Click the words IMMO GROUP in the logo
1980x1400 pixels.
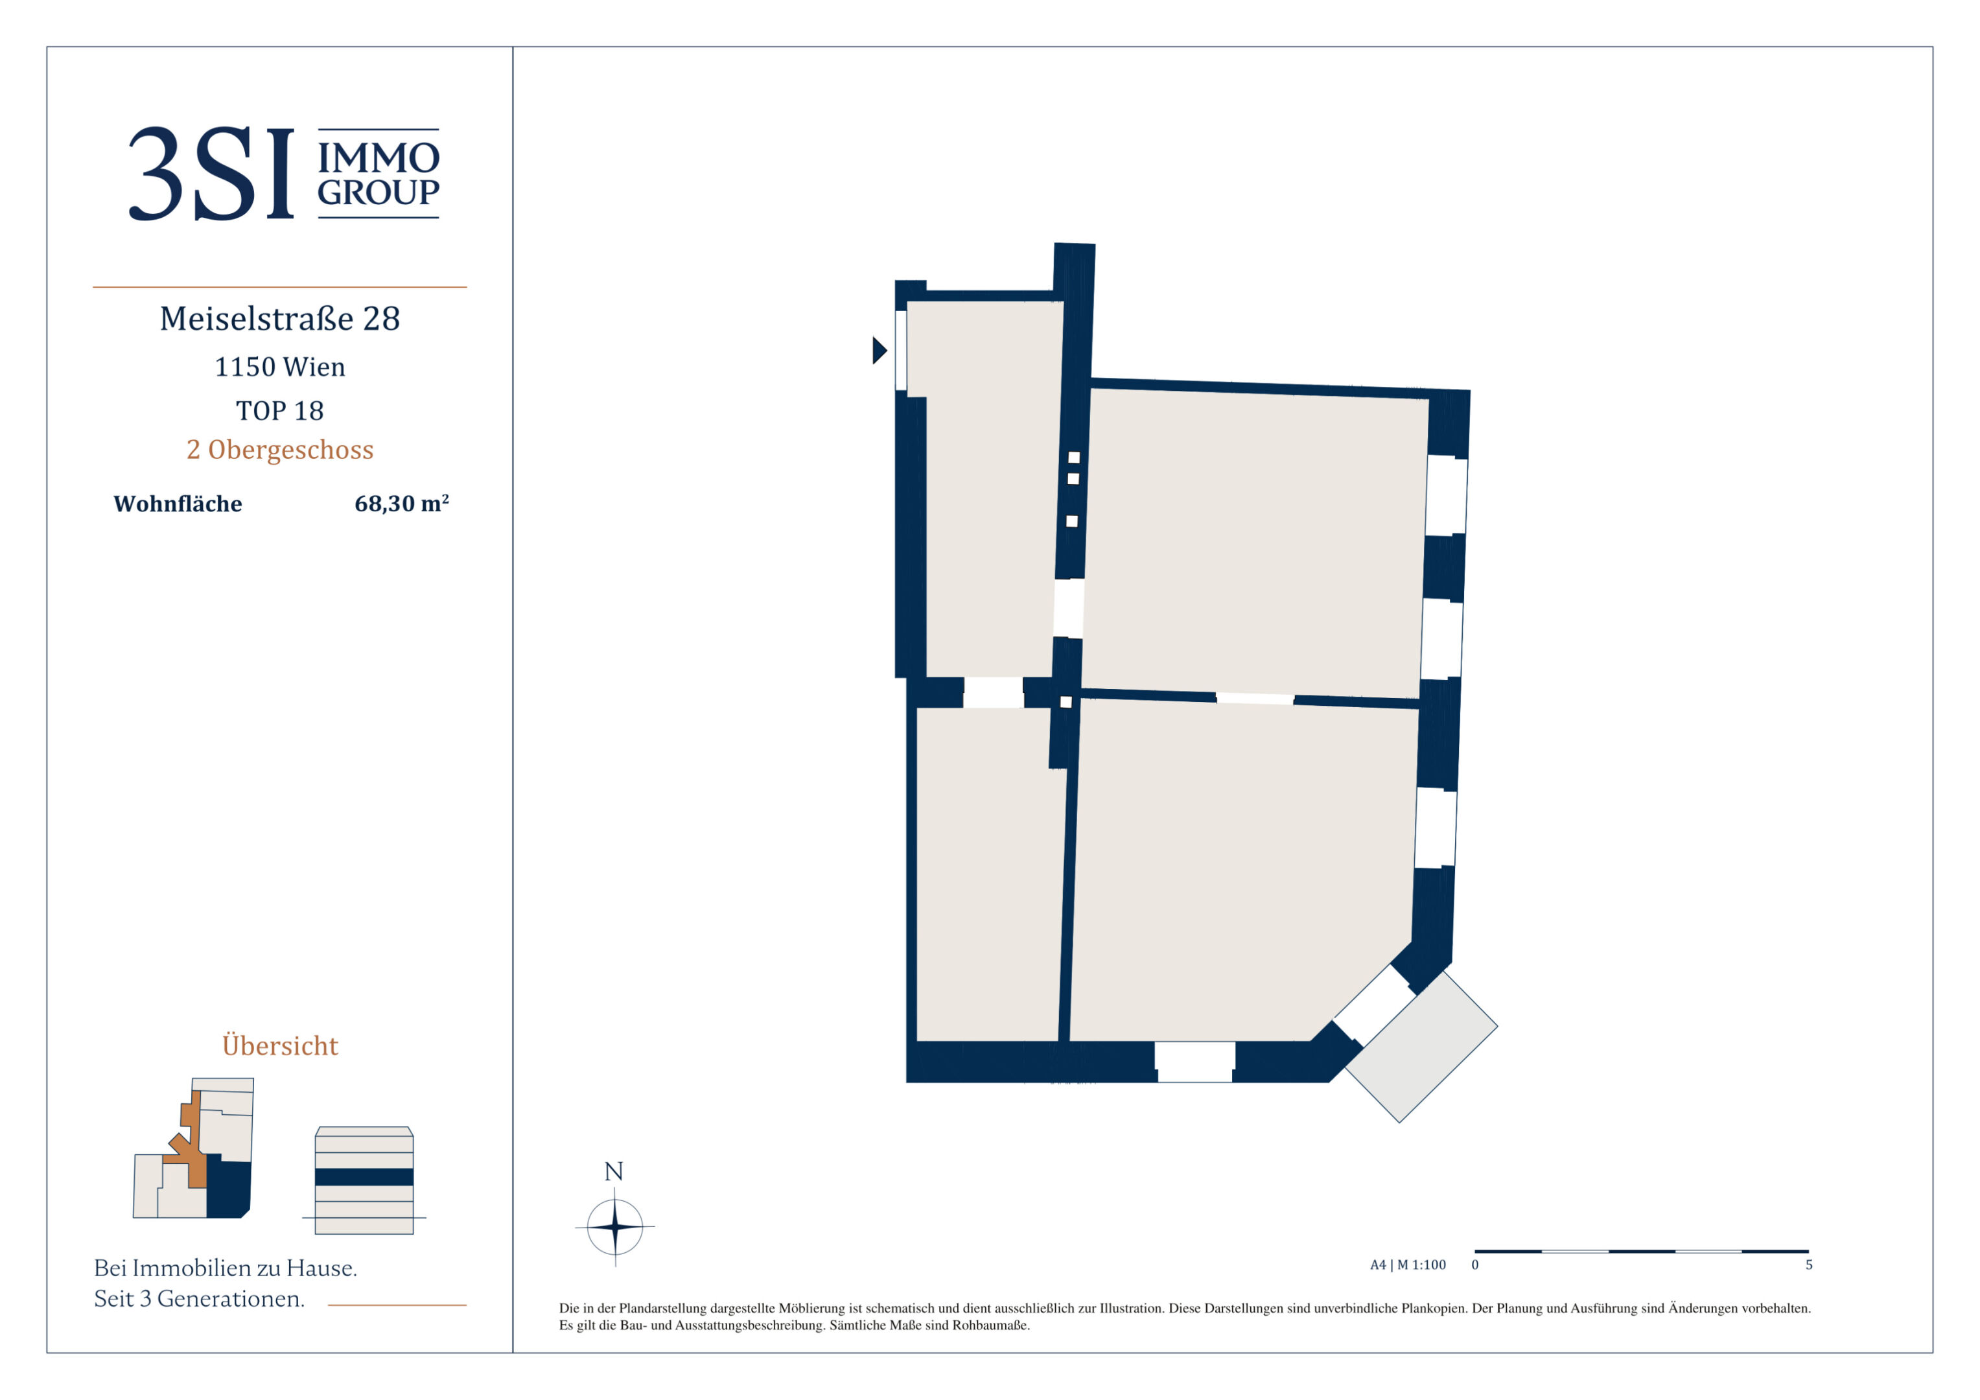(379, 174)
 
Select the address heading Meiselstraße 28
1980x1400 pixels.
(280, 319)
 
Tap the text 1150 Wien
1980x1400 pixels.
(280, 367)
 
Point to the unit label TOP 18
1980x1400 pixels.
(280, 410)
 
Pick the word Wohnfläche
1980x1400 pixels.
(178, 504)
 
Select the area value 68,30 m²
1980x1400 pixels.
(402, 503)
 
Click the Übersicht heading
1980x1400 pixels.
(280, 1045)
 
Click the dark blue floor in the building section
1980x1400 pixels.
(364, 1176)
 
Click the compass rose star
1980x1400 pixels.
(615, 1226)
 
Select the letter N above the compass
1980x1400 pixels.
(614, 1171)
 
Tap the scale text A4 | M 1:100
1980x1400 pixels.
(1408, 1265)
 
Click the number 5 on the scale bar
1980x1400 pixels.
(1810, 1265)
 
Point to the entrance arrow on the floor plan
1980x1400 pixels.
(879, 350)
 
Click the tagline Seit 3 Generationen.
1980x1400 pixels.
(199, 1298)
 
